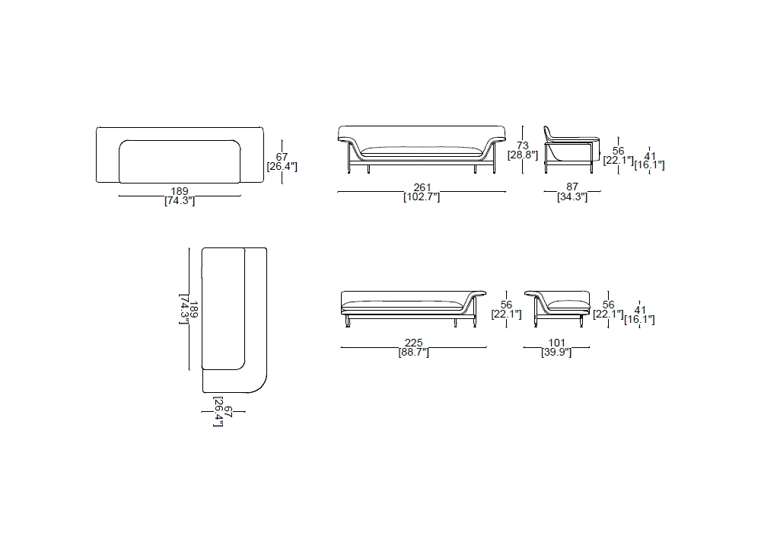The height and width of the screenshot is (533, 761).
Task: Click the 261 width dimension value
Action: pyautogui.click(x=422, y=187)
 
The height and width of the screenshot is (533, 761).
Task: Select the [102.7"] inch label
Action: pyautogui.click(x=422, y=196)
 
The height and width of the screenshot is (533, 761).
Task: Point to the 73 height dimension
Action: pyautogui.click(x=523, y=145)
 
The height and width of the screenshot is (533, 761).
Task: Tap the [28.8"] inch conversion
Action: pyautogui.click(x=523, y=155)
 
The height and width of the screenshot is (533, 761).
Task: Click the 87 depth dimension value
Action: pyautogui.click(x=572, y=187)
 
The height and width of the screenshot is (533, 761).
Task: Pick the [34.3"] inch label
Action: pyautogui.click(x=572, y=196)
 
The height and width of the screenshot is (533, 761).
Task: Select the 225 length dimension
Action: pyautogui.click(x=413, y=343)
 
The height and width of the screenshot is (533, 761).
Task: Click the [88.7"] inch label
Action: pyautogui.click(x=413, y=352)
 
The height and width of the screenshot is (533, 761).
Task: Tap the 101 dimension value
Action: pyautogui.click(x=557, y=343)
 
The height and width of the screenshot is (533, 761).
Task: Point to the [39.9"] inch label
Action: pyautogui.click(x=557, y=352)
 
